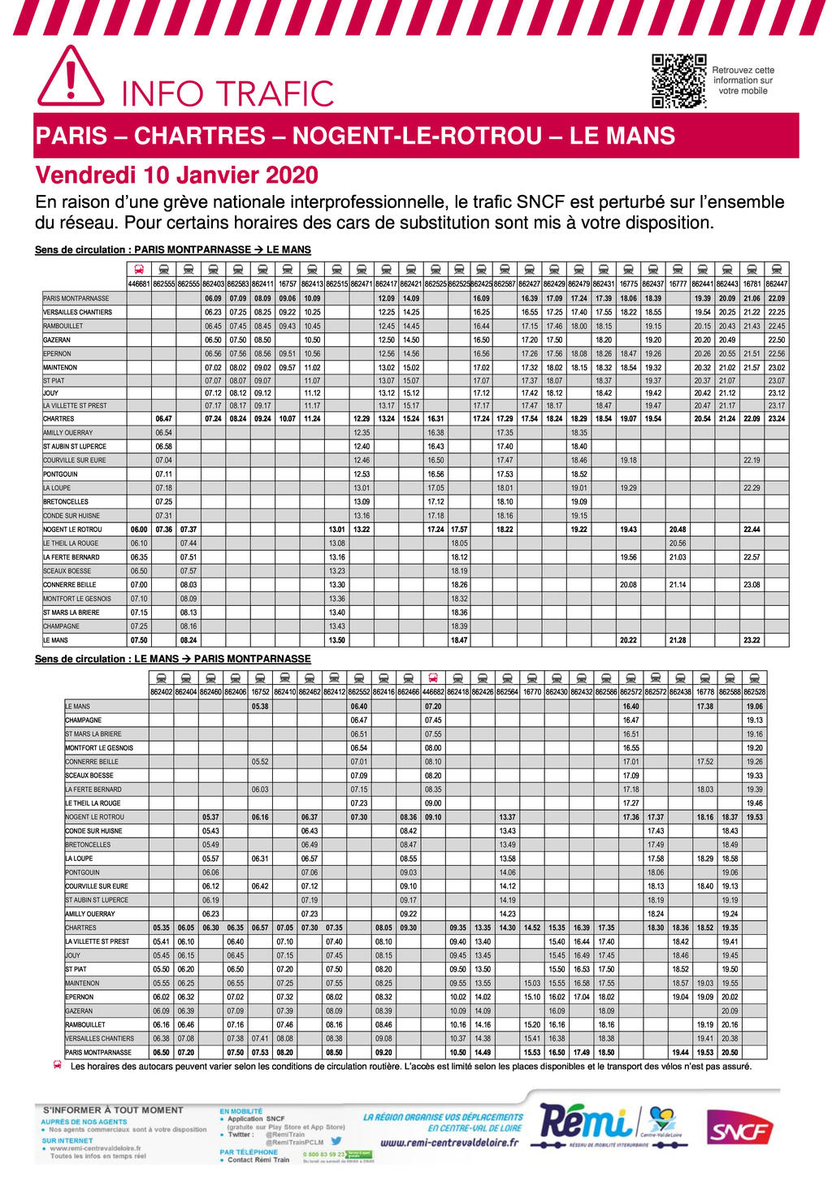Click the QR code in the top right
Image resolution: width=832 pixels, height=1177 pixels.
[678, 81]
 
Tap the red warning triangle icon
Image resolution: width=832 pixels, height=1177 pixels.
[71, 77]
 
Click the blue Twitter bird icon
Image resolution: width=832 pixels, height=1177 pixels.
[336, 1140]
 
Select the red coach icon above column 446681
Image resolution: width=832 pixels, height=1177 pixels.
[139, 270]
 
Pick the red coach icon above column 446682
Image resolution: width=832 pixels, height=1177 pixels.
[433, 678]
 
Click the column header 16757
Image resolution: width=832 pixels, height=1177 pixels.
[288, 284]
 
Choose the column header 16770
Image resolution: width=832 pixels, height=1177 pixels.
[532, 692]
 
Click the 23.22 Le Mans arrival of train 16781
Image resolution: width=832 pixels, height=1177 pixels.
[752, 640]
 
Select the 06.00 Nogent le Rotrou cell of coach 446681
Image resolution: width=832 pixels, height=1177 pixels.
[139, 530]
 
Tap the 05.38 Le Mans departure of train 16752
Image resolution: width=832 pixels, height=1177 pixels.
[260, 707]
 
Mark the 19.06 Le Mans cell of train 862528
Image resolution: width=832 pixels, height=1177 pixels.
[754, 707]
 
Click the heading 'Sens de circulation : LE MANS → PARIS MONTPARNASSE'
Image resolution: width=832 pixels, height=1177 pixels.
[172, 659]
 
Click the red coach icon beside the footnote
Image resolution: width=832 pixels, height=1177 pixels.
[58, 1066]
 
